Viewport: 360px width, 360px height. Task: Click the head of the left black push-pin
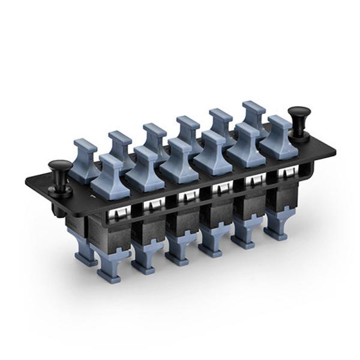pyautogui.click(x=58, y=166)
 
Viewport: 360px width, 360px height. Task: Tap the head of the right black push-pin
pyautogui.click(x=298, y=113)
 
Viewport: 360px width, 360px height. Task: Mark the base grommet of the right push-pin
pyautogui.click(x=299, y=136)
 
